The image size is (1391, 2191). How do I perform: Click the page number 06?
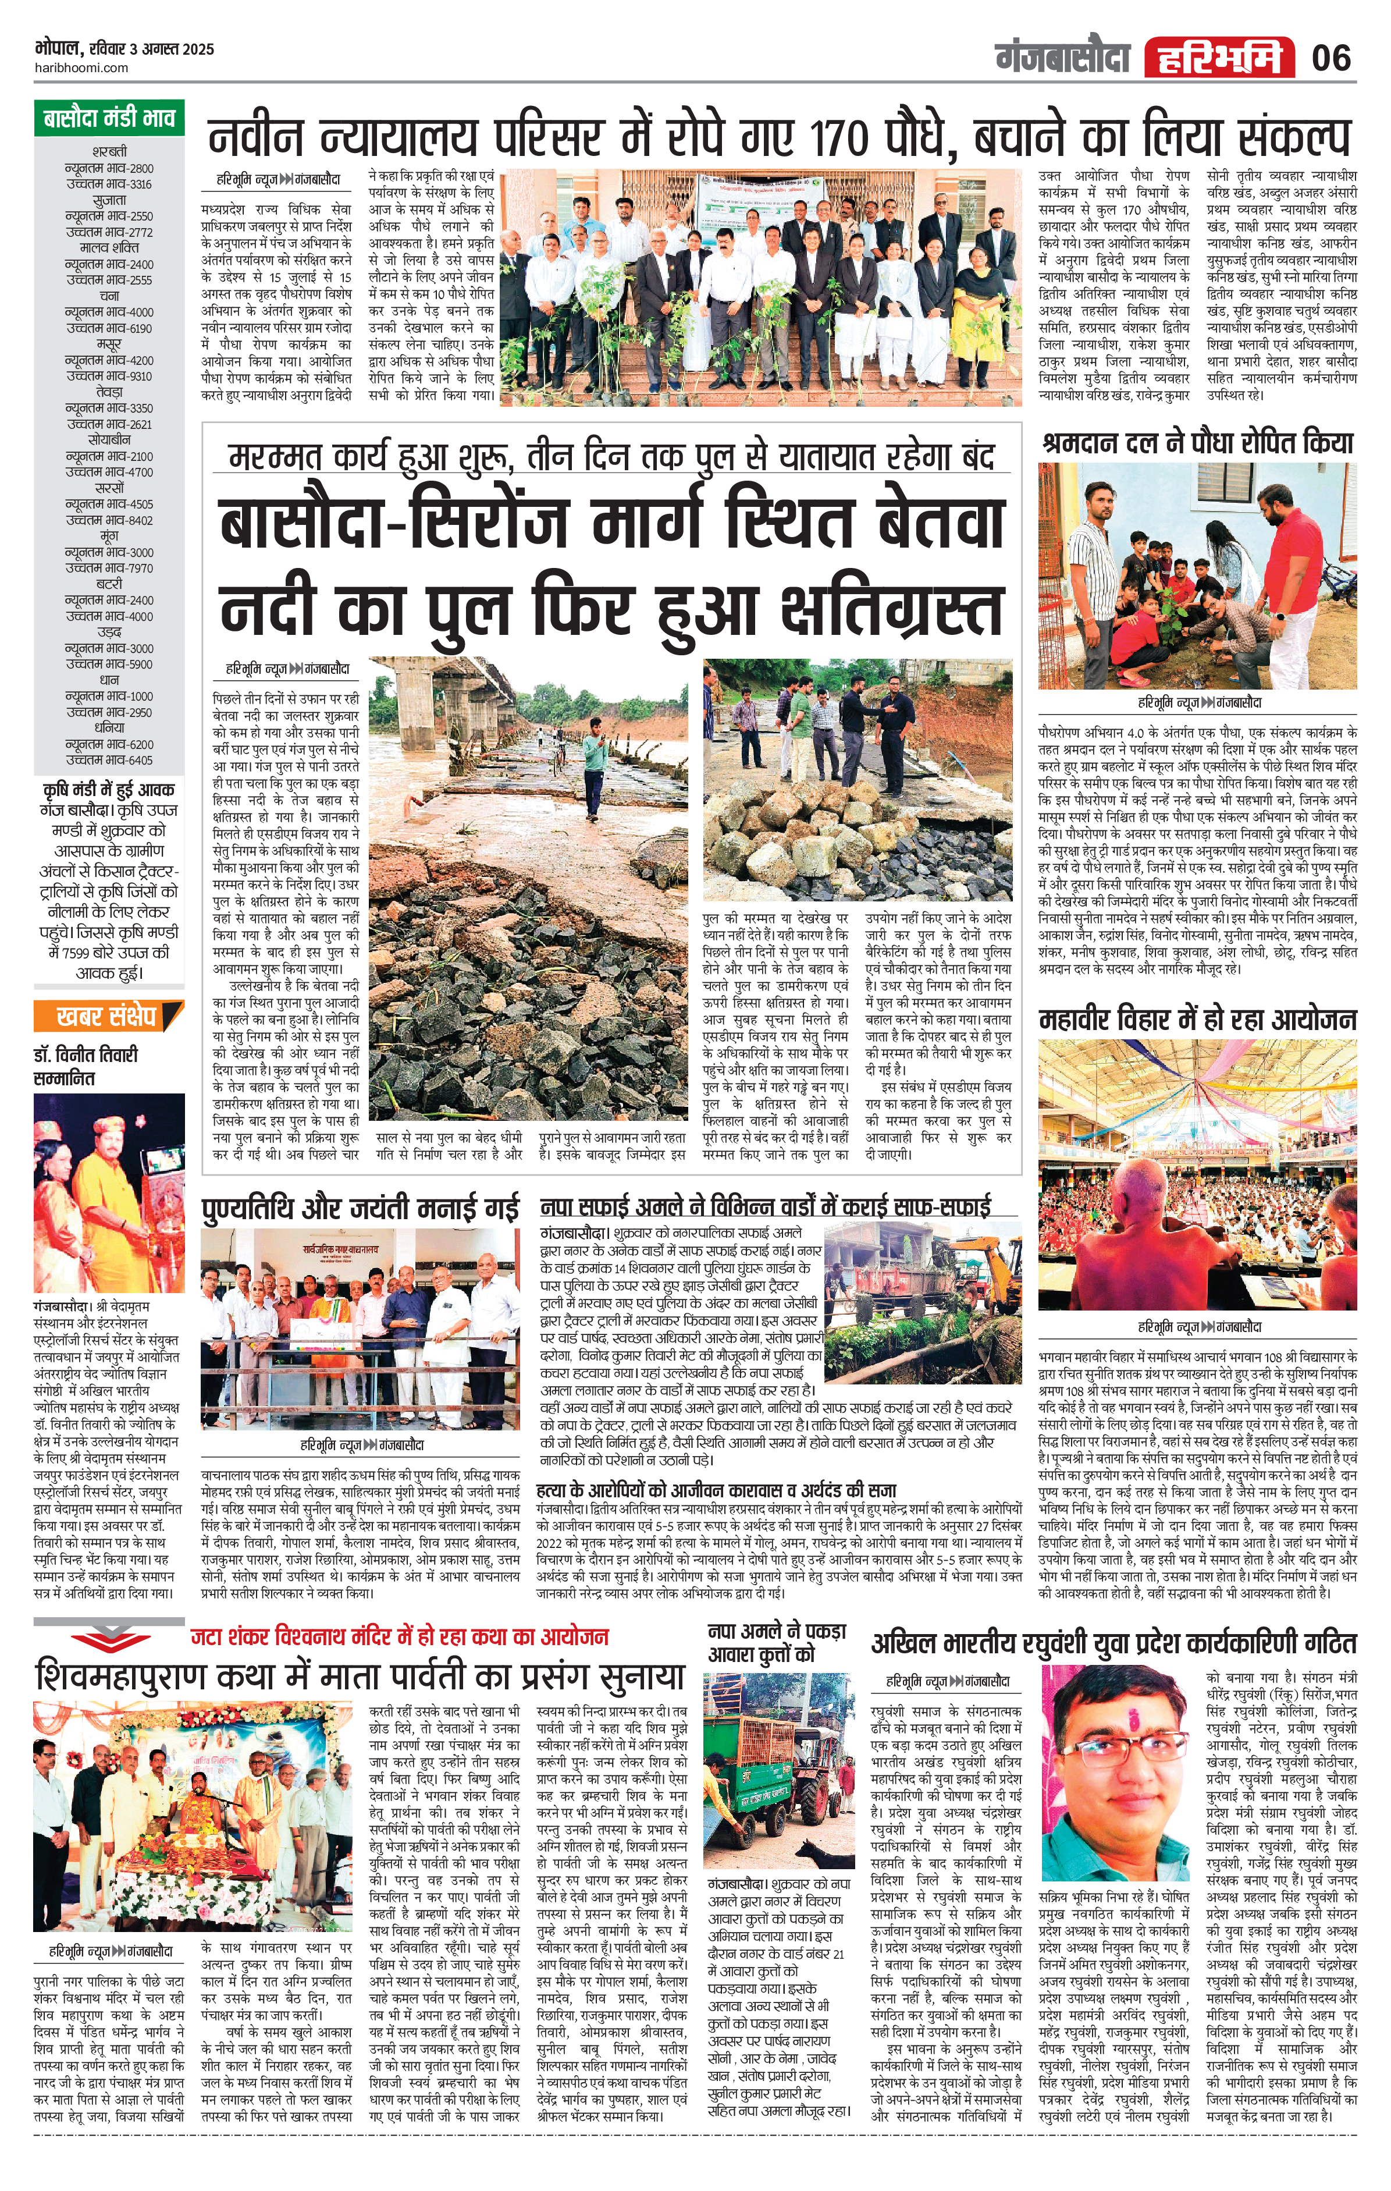pos(1331,58)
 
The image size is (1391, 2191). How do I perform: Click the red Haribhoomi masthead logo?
pos(1219,58)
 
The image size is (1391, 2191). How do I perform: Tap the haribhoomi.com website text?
pos(82,68)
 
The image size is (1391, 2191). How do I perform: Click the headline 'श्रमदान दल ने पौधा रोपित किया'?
pos(1197,443)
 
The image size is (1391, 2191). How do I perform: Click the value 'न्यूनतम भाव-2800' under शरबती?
pos(109,168)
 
